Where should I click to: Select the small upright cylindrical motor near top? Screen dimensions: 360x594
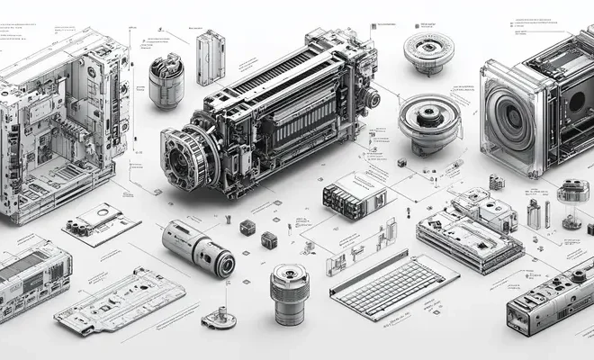click(x=166, y=81)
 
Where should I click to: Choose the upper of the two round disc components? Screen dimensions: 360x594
click(x=428, y=49)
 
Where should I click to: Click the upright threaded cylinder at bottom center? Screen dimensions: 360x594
click(x=290, y=293)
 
